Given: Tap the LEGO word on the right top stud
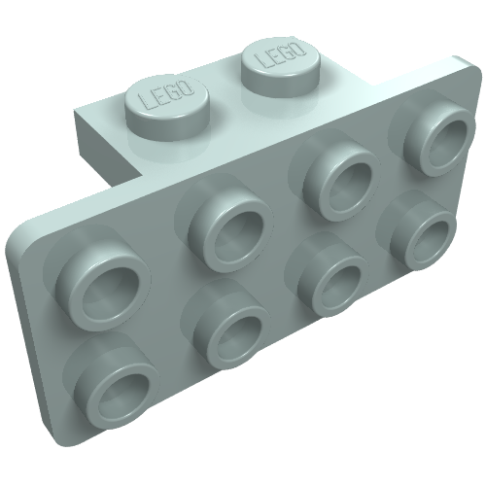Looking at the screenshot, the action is coord(280,53).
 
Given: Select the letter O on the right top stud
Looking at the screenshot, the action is coord(298,48).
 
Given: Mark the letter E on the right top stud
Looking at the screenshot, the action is coord(273,55).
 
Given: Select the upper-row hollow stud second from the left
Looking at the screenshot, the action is coord(229,229).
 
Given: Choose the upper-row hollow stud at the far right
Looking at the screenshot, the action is coord(438,139).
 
